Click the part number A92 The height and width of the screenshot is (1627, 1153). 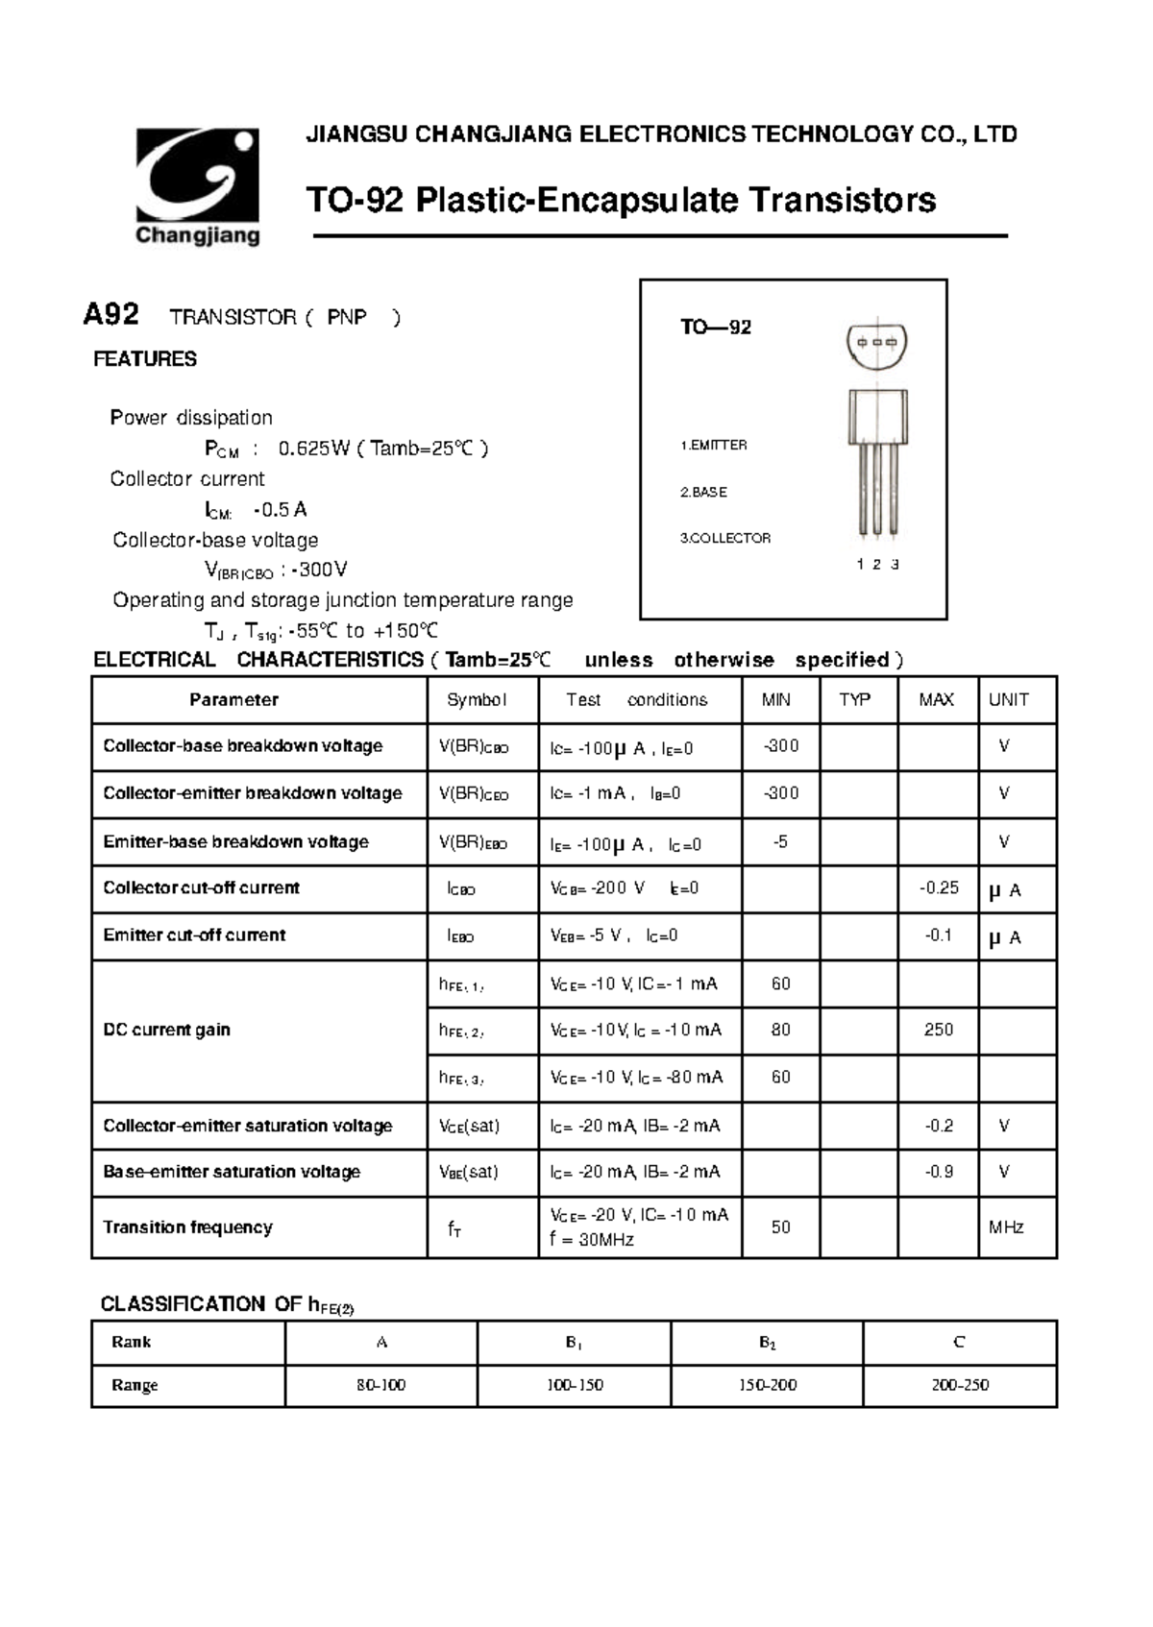111,315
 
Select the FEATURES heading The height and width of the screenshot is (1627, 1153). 145,359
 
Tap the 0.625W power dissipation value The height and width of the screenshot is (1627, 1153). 314,449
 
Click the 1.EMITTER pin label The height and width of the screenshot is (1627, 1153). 714,446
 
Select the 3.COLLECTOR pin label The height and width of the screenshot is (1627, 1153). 725,539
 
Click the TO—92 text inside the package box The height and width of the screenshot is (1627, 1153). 716,328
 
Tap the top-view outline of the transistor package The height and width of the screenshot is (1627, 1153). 877,344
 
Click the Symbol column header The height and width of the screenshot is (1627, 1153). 477,700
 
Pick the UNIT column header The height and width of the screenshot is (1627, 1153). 1008,700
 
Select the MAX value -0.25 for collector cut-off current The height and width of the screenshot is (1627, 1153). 939,888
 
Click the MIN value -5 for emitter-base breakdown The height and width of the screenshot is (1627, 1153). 780,842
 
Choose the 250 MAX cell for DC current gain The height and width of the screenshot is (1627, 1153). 939,1031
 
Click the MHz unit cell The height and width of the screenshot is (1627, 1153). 1006,1227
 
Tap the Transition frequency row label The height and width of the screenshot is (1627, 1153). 188,1227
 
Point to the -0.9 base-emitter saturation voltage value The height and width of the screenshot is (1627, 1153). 939,1172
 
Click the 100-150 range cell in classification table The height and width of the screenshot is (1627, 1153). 575,1386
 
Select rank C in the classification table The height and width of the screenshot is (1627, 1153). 959,1343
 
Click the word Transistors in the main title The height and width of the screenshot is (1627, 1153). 842,201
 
